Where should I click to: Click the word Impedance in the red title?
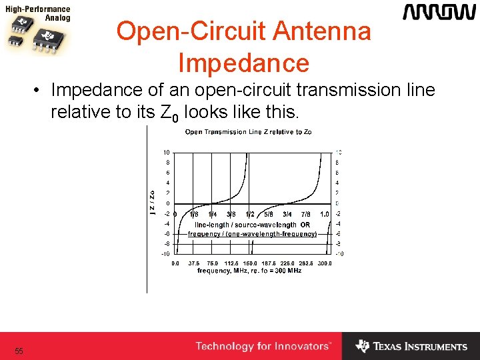[243, 63]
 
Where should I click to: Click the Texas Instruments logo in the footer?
[411, 347]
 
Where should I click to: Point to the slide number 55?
[19, 351]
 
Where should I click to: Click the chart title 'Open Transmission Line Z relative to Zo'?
[248, 132]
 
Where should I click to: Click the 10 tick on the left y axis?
[166, 152]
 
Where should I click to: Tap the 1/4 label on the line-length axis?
[212, 215]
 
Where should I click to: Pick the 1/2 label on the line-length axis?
[250, 215]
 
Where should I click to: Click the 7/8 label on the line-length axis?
[305, 215]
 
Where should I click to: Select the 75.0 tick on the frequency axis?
[212, 263]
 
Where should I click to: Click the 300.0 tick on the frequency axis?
[324, 263]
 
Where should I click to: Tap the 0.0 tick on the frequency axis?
[175, 263]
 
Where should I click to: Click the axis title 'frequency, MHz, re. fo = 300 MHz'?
[249, 271]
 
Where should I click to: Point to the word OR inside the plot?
[305, 225]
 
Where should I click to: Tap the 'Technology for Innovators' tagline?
[263, 347]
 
